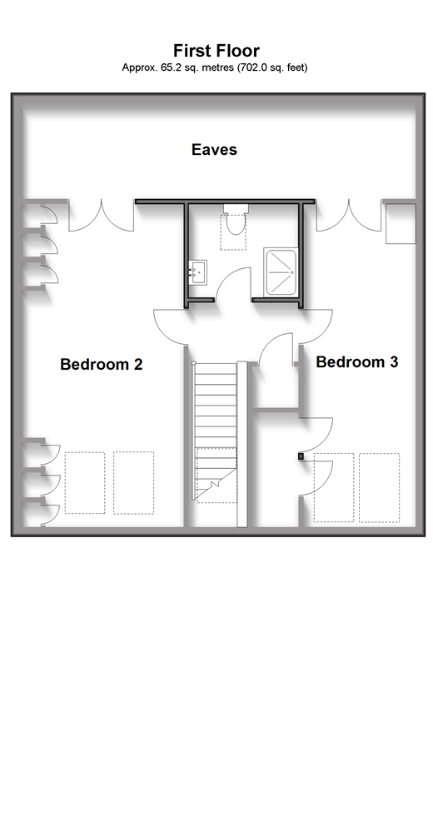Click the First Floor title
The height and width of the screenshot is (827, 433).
pyautogui.click(x=216, y=51)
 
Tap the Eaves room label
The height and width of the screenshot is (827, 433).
pyautogui.click(x=214, y=149)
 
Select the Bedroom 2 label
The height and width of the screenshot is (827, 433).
pyautogui.click(x=102, y=365)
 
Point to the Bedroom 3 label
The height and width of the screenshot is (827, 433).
pyautogui.click(x=357, y=361)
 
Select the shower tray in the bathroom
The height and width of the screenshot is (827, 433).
pyautogui.click(x=280, y=272)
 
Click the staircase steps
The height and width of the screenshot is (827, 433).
pyautogui.click(x=215, y=431)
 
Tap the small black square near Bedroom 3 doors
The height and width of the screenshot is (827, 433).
pyautogui.click(x=301, y=456)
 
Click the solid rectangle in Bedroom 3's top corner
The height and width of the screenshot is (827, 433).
pyautogui.click(x=401, y=224)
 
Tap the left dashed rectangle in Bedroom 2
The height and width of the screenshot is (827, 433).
pyautogui.click(x=85, y=482)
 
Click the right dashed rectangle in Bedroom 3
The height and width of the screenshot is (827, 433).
pyautogui.click(x=379, y=487)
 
